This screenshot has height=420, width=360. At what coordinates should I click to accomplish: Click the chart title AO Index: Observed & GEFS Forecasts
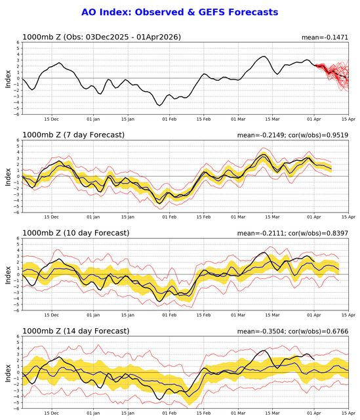tap(180, 12)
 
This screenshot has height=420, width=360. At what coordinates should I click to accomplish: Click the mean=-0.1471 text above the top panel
tap(325, 37)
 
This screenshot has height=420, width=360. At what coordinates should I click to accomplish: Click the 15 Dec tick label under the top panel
tap(51, 119)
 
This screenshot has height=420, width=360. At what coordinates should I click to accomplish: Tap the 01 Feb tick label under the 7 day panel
tap(169, 217)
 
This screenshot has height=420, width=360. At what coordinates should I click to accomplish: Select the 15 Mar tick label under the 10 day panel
tap(273, 315)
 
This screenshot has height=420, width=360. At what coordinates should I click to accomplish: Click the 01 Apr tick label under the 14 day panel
tap(314, 413)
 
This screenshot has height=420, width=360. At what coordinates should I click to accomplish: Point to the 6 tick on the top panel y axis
tap(18, 42)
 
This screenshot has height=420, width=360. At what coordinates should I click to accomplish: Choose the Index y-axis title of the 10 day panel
tap(8, 275)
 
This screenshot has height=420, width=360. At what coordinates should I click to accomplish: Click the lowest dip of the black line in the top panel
tap(159, 106)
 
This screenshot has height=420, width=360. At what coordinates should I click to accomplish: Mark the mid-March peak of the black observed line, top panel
tap(264, 56)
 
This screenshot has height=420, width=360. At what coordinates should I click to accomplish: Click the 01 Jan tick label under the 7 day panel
tap(93, 217)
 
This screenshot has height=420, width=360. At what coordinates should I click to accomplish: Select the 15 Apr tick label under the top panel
tap(348, 119)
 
